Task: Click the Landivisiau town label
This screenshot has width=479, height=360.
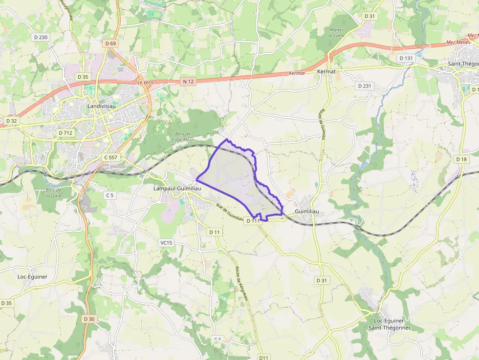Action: click(100, 106)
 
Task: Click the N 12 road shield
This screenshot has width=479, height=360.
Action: click(187, 82)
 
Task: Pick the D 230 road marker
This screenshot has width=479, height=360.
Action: click(40, 37)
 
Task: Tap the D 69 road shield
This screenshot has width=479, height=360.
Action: click(110, 43)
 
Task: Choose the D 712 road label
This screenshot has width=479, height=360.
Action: click(65, 133)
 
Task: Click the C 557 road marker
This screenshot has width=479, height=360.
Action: click(111, 157)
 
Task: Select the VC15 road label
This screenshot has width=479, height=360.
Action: click(166, 243)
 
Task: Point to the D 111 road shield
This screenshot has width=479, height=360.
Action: click(252, 221)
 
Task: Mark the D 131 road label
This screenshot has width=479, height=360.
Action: click(406, 58)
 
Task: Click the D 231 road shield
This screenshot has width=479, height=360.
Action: click(364, 86)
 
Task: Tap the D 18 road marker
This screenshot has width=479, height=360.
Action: click(461, 159)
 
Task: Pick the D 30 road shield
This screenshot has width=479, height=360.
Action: click(88, 319)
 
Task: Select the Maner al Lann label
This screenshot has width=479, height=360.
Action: click(336, 32)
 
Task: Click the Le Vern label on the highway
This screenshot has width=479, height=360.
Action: click(145, 83)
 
